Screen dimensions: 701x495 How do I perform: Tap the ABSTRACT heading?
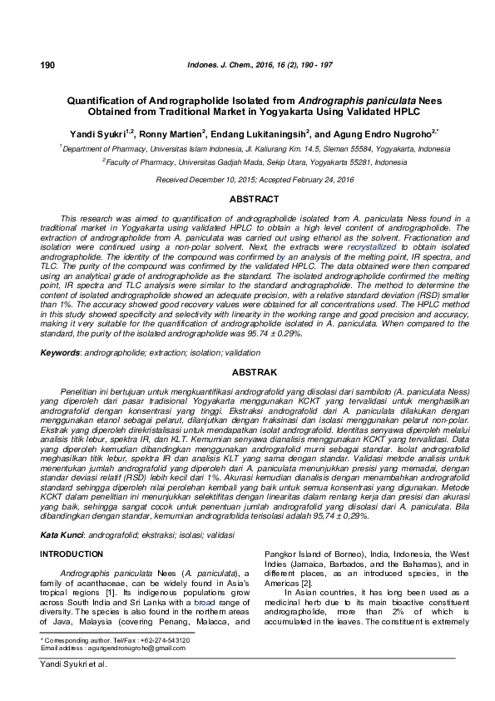tap(247, 200)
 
